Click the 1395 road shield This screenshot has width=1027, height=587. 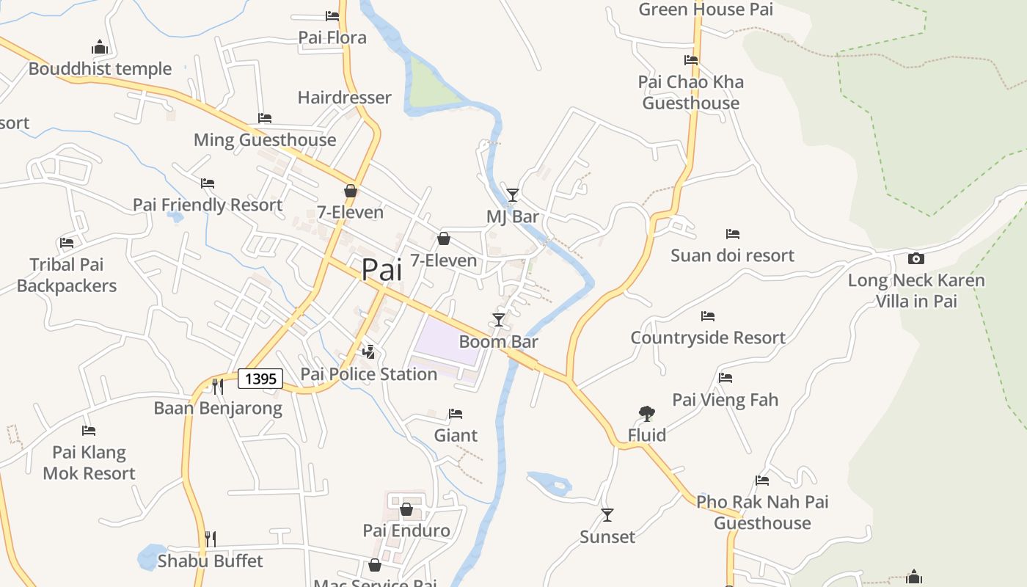point(260,379)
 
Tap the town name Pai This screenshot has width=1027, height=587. point(381,269)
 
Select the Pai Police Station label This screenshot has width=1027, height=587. point(369,374)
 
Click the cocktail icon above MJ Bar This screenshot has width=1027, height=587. point(513,194)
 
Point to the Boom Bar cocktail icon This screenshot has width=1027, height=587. point(499,319)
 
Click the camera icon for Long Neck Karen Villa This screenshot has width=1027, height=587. point(915,258)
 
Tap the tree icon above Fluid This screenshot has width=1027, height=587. point(646,414)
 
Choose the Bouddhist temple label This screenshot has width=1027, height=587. point(100,69)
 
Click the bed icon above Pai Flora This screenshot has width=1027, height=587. point(332,15)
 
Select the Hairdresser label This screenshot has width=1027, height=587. point(344,98)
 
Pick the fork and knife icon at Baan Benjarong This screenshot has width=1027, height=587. point(217,386)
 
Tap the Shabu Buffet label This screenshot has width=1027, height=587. point(210,561)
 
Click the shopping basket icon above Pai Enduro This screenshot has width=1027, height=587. point(406,508)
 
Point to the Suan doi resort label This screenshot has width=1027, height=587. point(732,255)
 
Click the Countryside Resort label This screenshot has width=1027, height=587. point(708,338)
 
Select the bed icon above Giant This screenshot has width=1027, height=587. point(456,414)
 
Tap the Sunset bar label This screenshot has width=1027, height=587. point(607,537)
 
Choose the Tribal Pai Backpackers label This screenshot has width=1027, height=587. point(67,275)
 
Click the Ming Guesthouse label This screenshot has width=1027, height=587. point(265,139)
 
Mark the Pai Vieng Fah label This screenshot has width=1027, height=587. point(725,400)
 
